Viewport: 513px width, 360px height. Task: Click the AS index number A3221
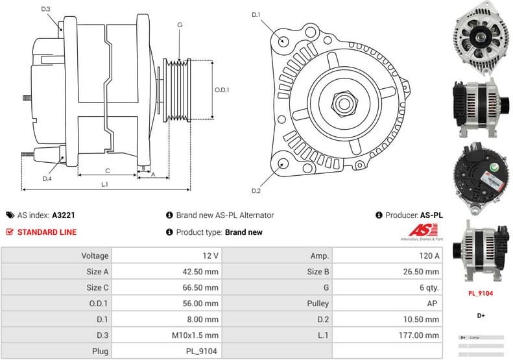(64, 215)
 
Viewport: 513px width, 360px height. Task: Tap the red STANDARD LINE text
(47, 232)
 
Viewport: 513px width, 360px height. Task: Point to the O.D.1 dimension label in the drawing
(222, 90)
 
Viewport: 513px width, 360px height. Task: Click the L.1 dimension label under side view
(104, 184)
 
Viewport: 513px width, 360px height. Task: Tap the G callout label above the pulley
(179, 25)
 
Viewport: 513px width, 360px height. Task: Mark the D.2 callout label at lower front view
(256, 191)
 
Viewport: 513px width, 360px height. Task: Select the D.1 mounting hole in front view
(283, 41)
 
